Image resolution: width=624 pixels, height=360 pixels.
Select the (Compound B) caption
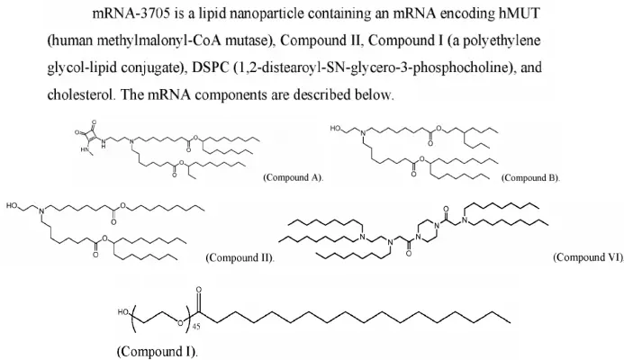coord(530,178)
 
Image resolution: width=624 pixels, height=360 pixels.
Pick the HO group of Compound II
coord(13,205)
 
